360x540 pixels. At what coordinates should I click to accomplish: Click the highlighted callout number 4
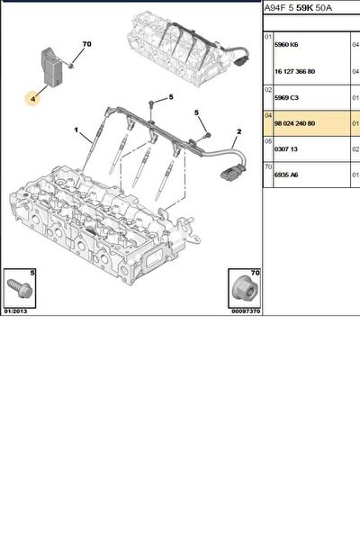point(32,99)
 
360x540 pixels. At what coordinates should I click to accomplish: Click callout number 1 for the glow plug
point(76,130)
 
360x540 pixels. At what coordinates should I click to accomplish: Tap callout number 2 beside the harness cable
point(239,131)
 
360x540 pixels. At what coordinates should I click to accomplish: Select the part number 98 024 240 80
point(294,123)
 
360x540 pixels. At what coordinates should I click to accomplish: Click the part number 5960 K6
point(286,45)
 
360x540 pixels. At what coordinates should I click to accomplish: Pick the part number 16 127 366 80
point(294,71)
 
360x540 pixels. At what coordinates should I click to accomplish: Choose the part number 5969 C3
point(286,97)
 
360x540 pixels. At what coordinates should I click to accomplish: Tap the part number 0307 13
point(285,149)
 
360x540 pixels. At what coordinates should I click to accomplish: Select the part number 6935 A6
point(286,175)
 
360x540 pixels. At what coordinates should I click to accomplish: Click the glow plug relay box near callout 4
point(51,67)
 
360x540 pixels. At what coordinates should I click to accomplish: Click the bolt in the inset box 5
point(20,288)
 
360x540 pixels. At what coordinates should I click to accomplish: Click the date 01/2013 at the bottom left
point(15,311)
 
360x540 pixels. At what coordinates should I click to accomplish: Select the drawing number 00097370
point(246,311)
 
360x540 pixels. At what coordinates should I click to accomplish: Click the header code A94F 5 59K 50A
point(298,8)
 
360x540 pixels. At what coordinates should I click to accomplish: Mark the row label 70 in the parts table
point(268,166)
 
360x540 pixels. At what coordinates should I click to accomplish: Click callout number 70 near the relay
point(86,44)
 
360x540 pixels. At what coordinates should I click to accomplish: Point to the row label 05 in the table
point(268,141)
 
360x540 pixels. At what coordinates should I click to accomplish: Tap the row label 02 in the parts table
point(268,89)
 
